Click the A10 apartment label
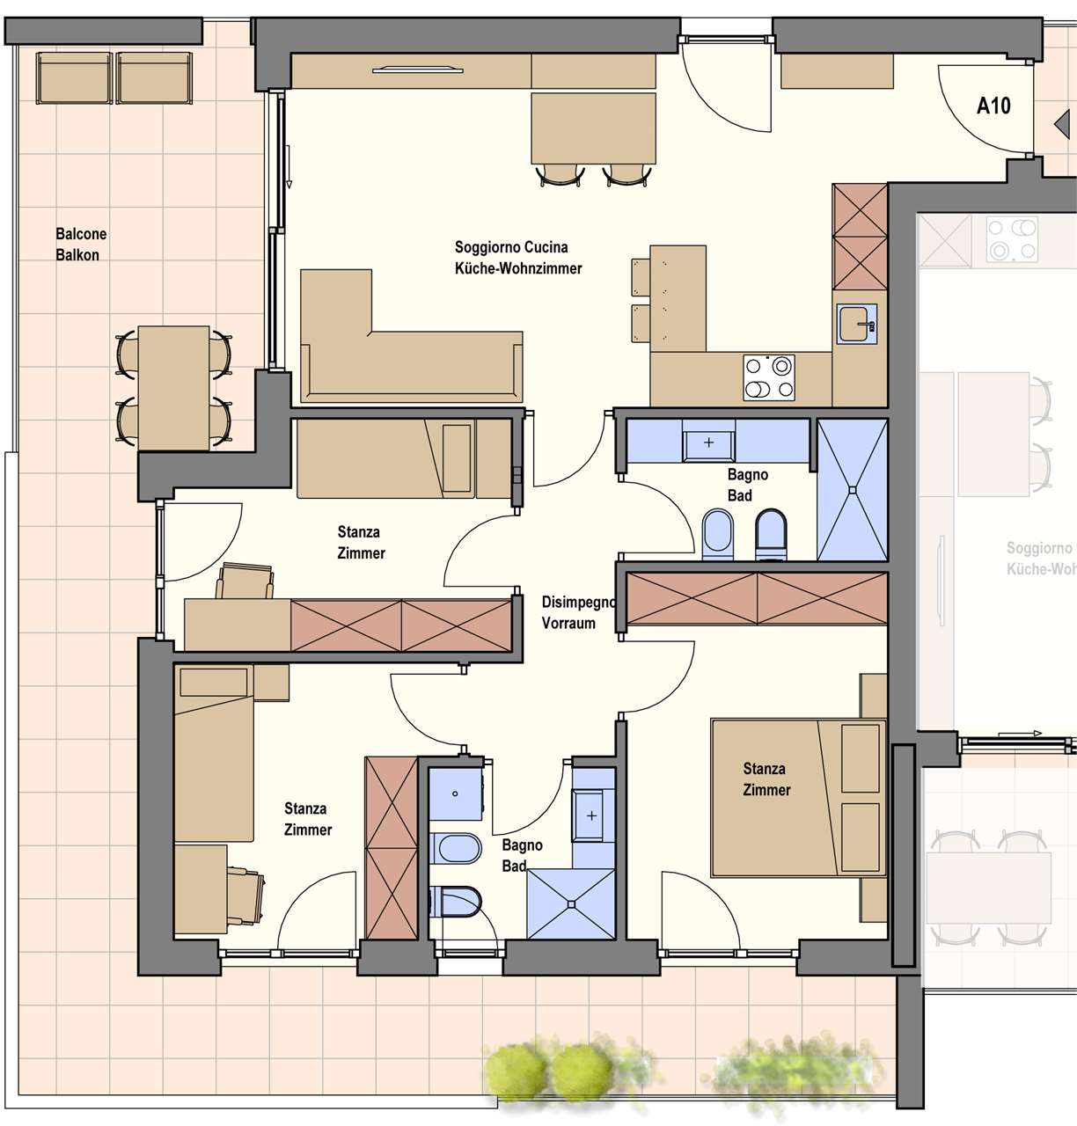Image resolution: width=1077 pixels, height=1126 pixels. [x=993, y=106]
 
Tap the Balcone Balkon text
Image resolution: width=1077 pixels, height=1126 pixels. [x=81, y=245]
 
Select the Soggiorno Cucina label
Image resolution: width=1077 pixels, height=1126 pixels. [x=511, y=247]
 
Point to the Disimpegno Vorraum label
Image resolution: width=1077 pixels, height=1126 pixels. [x=577, y=612]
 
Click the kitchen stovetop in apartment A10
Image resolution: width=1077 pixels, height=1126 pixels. [x=768, y=378]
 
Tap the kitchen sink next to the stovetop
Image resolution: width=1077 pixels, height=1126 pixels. [x=856, y=324]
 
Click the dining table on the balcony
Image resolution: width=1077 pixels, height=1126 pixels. [x=173, y=388]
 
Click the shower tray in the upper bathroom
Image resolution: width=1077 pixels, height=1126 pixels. [x=852, y=489]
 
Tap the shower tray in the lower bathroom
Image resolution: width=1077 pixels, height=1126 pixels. [x=571, y=903]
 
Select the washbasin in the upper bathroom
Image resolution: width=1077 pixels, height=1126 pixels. [x=708, y=442]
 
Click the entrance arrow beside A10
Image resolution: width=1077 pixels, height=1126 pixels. [x=1062, y=123]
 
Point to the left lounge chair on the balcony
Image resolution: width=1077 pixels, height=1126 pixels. [x=74, y=77]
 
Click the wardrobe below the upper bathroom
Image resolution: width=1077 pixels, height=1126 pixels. [x=758, y=598]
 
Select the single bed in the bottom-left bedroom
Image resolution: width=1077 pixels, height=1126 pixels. [x=214, y=753]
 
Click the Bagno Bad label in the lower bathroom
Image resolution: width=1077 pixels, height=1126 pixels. [x=522, y=855]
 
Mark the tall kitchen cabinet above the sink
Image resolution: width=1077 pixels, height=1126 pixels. [x=860, y=237]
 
